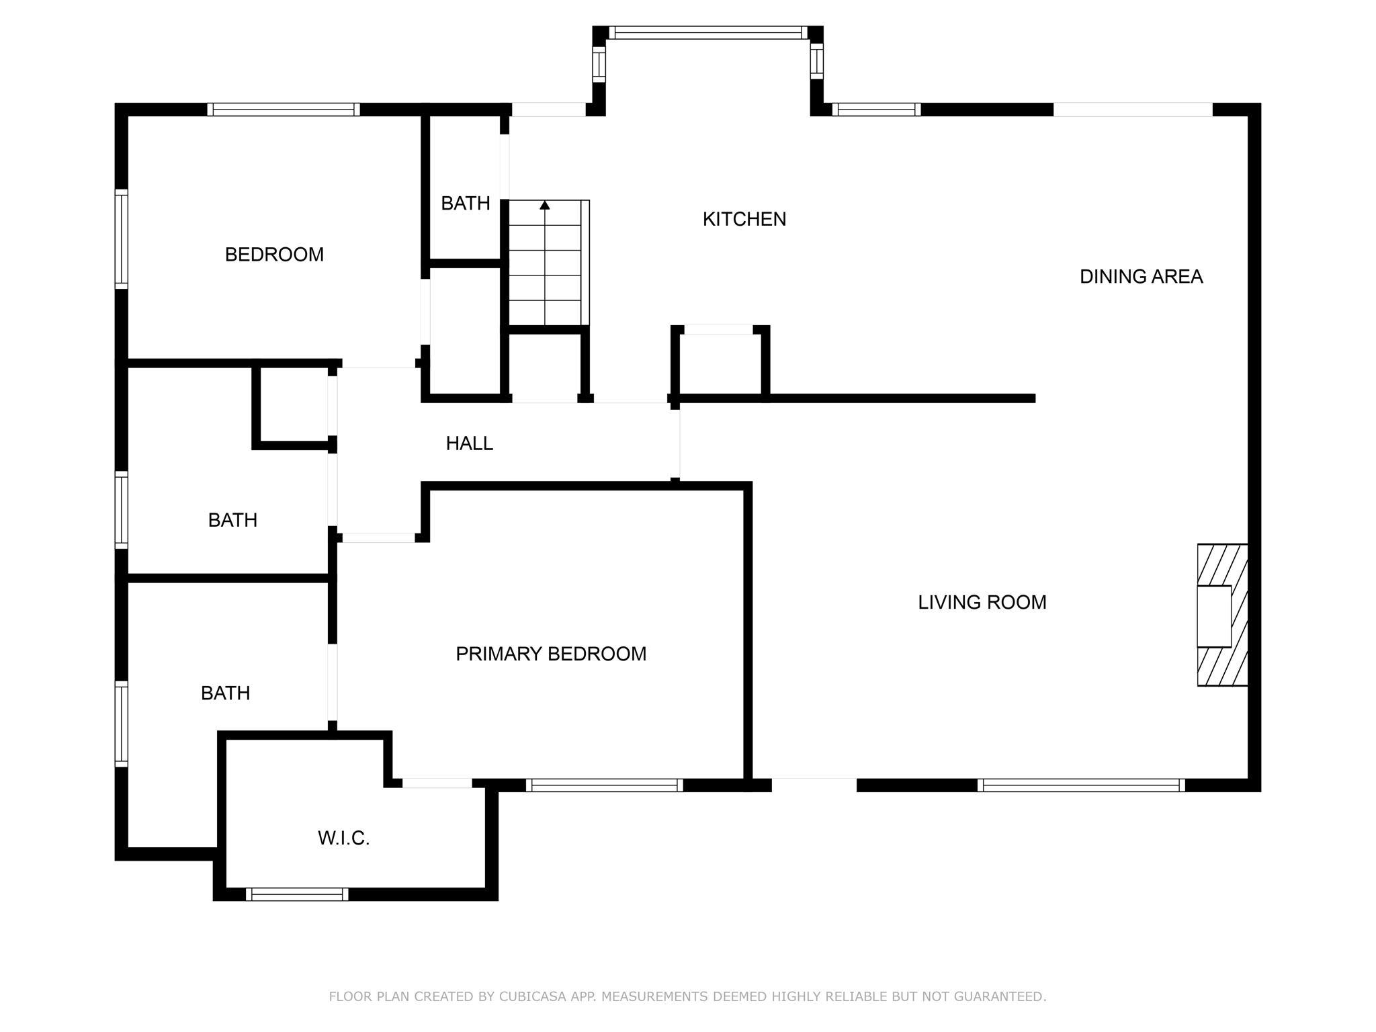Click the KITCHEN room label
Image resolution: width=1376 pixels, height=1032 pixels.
(744, 219)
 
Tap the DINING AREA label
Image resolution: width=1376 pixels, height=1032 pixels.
(1141, 277)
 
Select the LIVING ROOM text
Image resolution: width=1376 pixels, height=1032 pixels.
(982, 602)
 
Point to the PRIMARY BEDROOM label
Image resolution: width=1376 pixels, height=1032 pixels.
(551, 654)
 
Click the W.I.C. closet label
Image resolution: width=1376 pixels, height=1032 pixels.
(343, 838)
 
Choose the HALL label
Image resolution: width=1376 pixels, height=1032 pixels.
(469, 443)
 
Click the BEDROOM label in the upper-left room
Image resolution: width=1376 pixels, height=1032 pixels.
(274, 255)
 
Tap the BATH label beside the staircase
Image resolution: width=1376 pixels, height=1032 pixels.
(465, 203)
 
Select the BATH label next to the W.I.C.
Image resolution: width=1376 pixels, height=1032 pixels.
(225, 693)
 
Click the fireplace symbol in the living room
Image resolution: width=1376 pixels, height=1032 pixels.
(1222, 615)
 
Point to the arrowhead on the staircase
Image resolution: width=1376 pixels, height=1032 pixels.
(545, 205)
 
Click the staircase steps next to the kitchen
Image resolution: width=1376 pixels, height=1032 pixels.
(545, 269)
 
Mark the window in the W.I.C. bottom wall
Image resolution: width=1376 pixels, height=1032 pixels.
(297, 894)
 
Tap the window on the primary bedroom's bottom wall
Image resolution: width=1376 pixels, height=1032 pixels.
(604, 785)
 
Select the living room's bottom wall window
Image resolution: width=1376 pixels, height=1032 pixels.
(1080, 785)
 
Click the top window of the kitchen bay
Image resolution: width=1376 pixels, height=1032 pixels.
(707, 33)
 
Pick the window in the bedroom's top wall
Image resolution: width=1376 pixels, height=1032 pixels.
(283, 110)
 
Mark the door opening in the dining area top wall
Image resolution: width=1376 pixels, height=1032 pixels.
(1132, 110)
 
